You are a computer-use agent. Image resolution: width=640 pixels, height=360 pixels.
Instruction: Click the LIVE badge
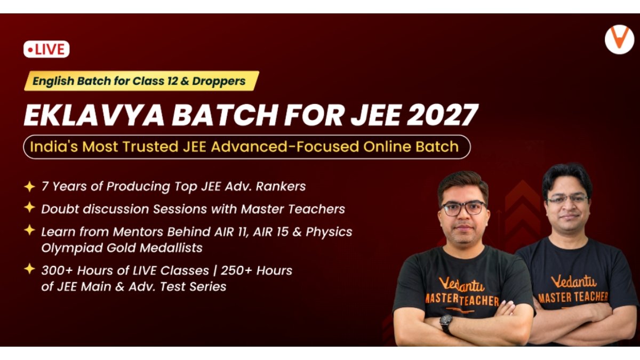(46, 49)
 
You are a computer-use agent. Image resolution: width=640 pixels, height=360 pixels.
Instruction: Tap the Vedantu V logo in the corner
(619, 39)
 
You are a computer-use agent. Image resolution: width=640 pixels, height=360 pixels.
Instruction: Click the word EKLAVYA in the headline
(94, 115)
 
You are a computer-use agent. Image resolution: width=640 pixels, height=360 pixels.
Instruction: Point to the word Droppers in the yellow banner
(219, 81)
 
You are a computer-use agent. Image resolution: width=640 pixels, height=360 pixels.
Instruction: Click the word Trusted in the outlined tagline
(150, 147)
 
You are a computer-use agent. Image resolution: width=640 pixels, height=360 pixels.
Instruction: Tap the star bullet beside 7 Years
(29, 187)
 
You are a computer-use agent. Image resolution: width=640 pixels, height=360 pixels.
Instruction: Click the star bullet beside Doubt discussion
(29, 207)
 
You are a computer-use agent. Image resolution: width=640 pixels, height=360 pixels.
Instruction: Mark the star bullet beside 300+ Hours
(29, 269)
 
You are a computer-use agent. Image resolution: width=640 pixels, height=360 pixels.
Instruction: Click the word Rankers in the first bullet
(281, 186)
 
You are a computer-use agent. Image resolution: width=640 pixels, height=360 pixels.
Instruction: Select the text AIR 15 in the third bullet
(271, 231)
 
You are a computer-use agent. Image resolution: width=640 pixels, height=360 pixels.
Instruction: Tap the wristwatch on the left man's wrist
(446, 323)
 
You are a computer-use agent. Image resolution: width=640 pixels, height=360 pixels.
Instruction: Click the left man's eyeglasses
(463, 209)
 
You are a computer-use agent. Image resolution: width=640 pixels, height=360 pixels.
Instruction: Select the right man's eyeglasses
(567, 199)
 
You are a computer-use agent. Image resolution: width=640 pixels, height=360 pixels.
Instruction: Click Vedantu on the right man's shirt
(574, 282)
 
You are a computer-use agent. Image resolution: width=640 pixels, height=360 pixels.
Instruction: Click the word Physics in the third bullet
(329, 232)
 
